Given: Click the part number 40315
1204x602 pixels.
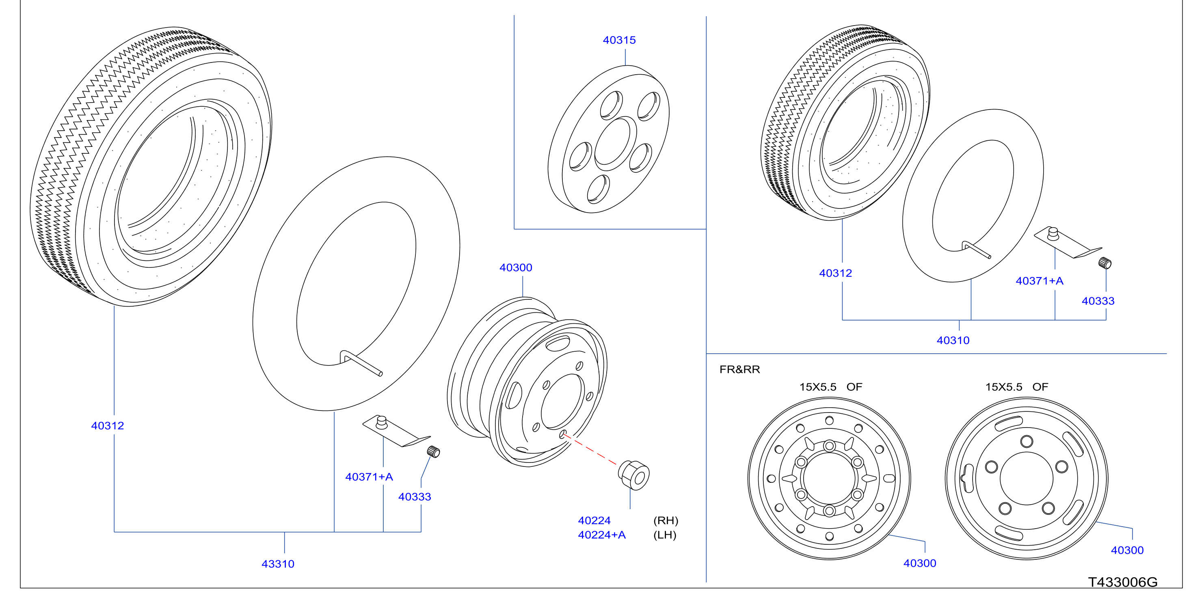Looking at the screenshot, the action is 619,40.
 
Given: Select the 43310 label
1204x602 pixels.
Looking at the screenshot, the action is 278,564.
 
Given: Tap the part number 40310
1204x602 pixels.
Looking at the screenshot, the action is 953,340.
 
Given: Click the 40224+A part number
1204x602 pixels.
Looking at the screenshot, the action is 601,535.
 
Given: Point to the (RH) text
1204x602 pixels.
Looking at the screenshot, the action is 666,520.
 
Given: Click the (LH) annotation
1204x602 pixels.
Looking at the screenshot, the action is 665,535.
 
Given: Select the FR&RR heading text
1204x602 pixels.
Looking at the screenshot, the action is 739,370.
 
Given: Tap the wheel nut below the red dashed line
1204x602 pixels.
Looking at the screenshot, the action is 634,475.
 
